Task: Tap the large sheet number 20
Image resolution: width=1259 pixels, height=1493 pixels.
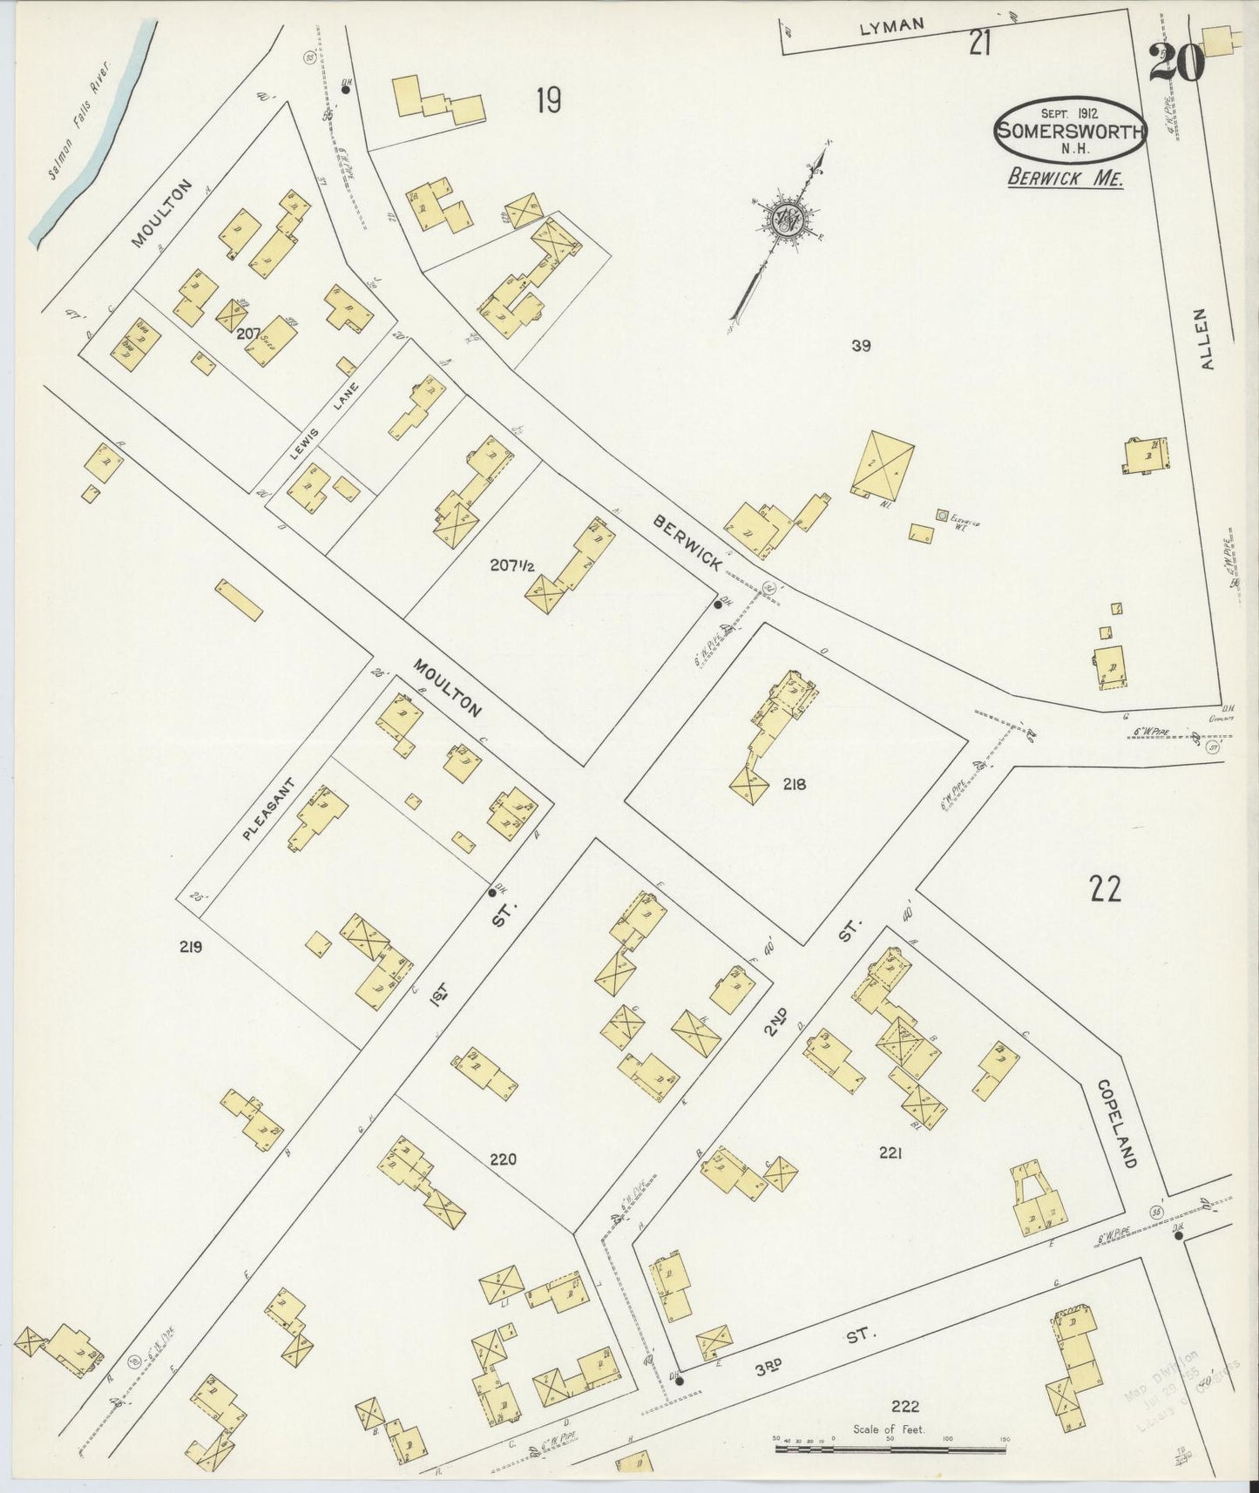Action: (x=1176, y=62)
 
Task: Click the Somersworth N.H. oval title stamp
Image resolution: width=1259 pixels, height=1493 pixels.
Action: (x=1070, y=131)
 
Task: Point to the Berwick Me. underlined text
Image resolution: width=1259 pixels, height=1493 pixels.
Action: (x=1066, y=178)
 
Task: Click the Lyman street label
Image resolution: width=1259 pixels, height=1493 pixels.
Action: (x=891, y=27)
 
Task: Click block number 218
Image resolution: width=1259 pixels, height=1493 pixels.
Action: (x=794, y=784)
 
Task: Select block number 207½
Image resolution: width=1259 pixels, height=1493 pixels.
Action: (x=511, y=565)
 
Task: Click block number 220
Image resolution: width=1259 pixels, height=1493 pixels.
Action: (x=503, y=1159)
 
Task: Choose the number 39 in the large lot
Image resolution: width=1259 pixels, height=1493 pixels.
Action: (x=861, y=346)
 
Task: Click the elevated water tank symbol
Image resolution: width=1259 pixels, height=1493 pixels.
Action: (x=942, y=515)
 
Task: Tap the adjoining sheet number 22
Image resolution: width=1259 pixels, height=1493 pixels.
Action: (x=1105, y=889)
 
